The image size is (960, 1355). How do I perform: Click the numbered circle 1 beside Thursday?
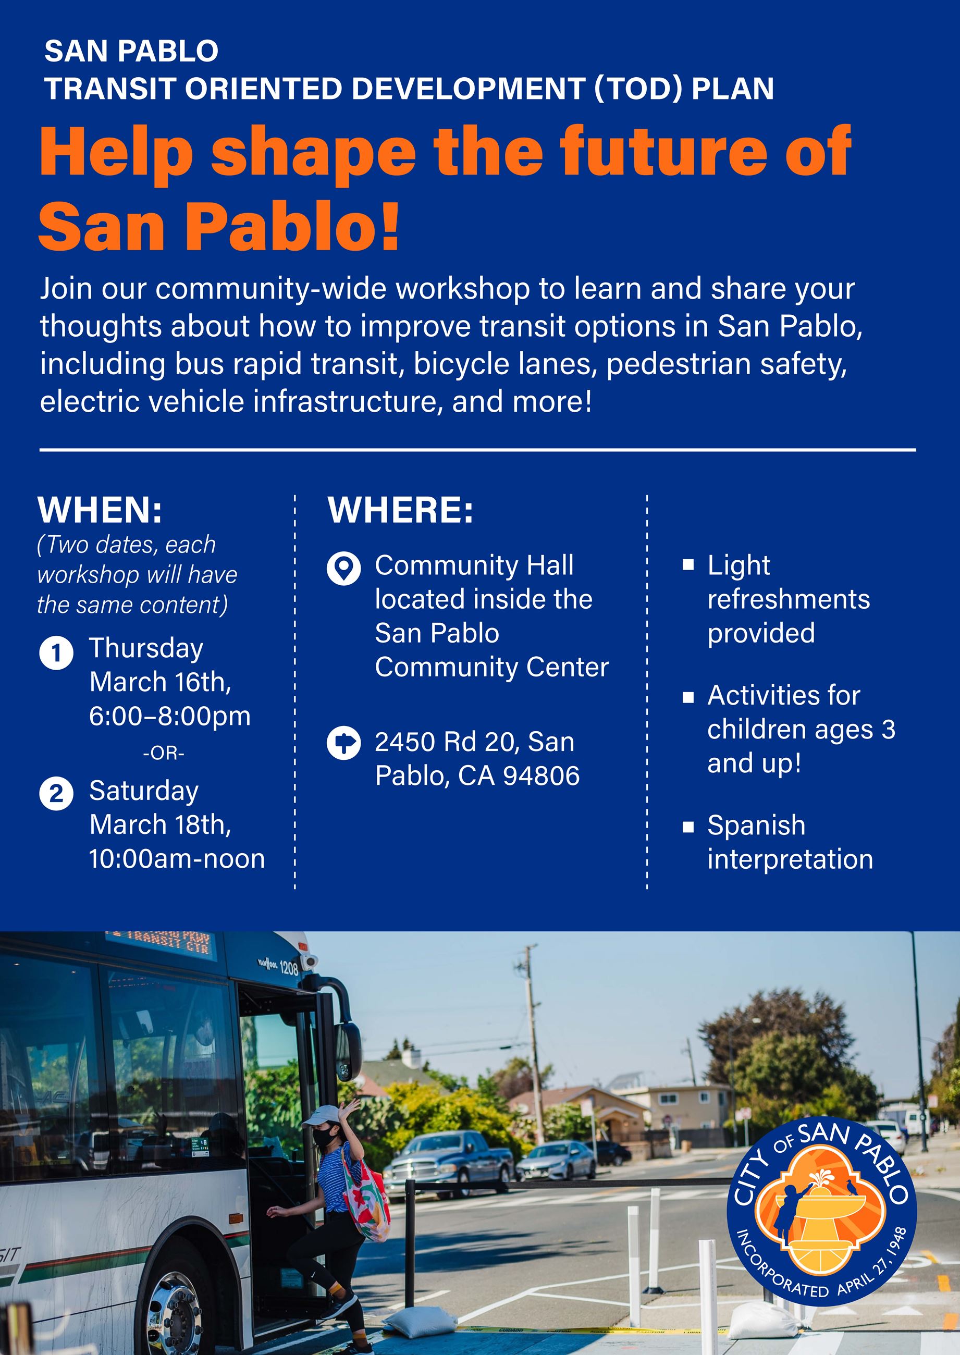coord(56,653)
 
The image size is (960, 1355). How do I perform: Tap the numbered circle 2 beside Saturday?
coord(56,793)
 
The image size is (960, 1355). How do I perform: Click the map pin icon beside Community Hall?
coord(343,568)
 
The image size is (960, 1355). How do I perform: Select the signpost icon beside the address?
coord(343,743)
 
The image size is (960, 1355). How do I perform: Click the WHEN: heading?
coord(100,510)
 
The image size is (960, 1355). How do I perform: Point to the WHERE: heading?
coord(401,510)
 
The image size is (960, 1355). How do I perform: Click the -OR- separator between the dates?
coord(164,754)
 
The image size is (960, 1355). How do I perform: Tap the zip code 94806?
coord(541,775)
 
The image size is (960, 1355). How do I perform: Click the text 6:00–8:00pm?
coord(170,716)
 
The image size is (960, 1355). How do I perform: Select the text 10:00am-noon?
coord(177,858)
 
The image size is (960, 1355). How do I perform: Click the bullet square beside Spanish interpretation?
coord(688,827)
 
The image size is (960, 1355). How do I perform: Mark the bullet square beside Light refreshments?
coord(688,564)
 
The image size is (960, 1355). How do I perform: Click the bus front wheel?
coord(175,1310)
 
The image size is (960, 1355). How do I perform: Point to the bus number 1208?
coord(289,968)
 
